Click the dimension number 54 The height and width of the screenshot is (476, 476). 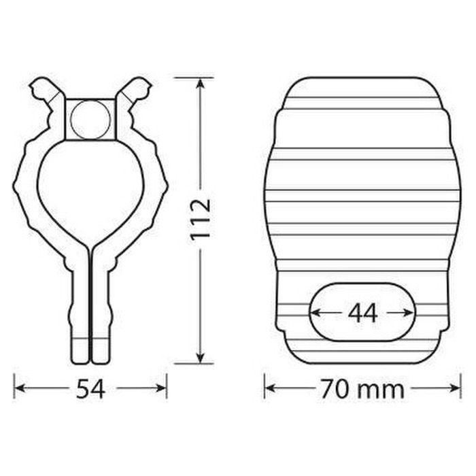point(90,389)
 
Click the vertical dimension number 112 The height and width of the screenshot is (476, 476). point(201,220)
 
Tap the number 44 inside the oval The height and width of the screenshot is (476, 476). point(362,313)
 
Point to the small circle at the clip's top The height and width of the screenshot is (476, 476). point(90,120)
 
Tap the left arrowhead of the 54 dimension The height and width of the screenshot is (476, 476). point(20,388)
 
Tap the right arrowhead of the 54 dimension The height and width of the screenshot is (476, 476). point(160,388)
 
